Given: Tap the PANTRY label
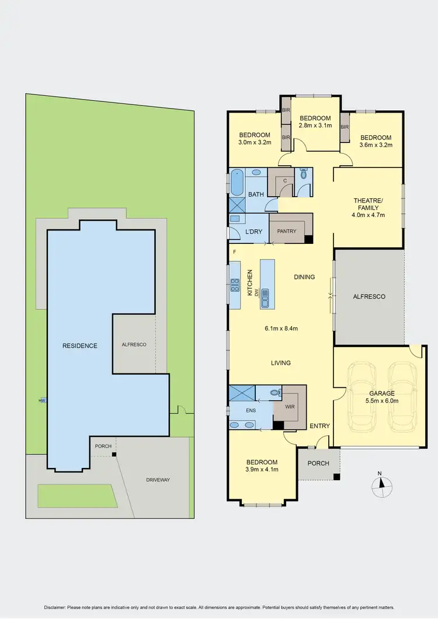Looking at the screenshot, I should coord(287,231).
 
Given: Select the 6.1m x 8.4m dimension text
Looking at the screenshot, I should coord(281,328).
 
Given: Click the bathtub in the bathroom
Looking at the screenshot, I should coord(237,181).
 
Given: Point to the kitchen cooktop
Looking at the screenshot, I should coord(235,285).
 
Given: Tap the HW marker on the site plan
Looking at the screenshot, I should coord(42,401).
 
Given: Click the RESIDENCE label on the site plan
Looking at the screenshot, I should coord(79,346).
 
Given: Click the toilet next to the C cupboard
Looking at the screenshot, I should coord(303,173).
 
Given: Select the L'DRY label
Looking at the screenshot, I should coord(253,232).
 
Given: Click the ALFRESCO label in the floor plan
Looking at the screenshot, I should coord(369,297).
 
